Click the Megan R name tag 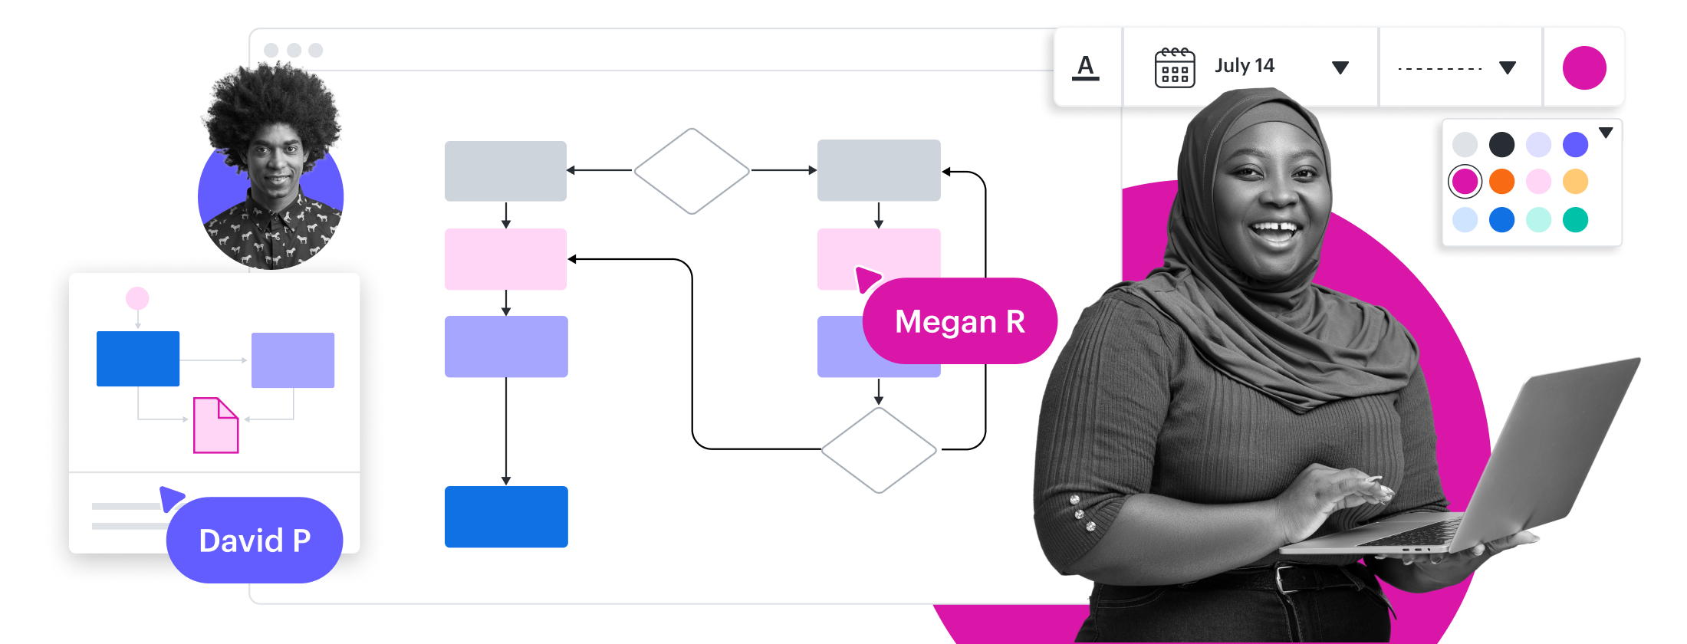[960, 321]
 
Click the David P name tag [255, 540]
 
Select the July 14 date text [1245, 66]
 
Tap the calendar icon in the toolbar [1174, 67]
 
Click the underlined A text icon [1085, 67]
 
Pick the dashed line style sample [1439, 69]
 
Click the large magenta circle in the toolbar [1584, 67]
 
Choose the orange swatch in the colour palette [1501, 182]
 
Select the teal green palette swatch [1575, 220]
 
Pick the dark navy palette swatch [1501, 144]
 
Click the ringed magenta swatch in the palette [1465, 182]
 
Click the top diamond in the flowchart [692, 171]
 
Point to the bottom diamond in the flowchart [879, 450]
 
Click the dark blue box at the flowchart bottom [506, 517]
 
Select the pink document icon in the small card [215, 426]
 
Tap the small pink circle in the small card [137, 298]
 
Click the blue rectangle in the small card [138, 359]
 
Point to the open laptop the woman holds [1526, 460]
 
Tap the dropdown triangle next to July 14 [1340, 67]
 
